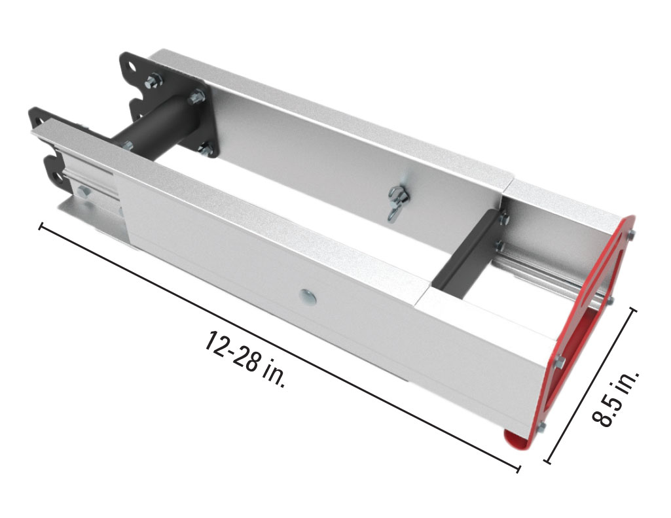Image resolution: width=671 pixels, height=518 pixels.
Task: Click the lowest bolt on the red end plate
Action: (x=541, y=428)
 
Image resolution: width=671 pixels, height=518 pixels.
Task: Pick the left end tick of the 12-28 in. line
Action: (x=42, y=227)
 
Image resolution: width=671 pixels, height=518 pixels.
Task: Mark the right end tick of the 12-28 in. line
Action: (x=518, y=468)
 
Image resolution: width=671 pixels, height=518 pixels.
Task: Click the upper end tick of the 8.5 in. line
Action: (x=631, y=311)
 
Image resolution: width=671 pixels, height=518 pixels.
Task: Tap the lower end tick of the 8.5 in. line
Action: (x=547, y=462)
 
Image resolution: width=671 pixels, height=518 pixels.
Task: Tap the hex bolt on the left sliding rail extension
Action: (x=83, y=192)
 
